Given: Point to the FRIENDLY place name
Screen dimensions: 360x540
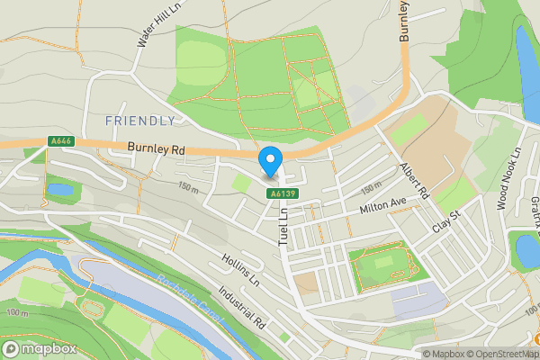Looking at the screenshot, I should coord(140,121).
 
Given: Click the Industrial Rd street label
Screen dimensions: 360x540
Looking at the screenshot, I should coord(243,307).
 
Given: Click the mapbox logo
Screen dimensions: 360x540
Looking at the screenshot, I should coord(37,348).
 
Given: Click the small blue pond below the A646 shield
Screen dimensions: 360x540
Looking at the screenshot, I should coord(60,190).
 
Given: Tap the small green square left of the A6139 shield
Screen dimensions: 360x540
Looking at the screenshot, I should coord(241,184).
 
